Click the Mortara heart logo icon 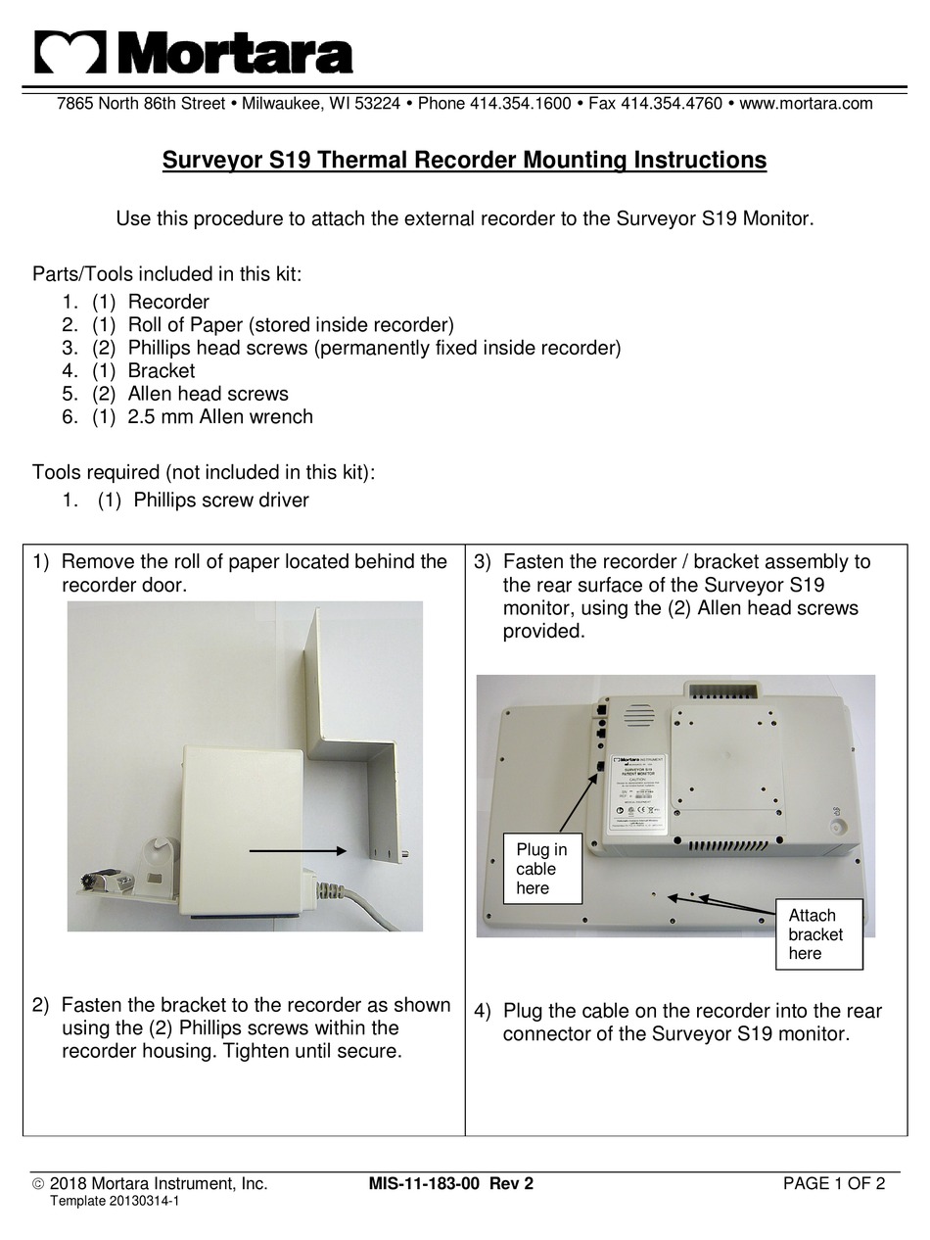click(70, 52)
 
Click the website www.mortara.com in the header click(805, 104)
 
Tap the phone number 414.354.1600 click(520, 104)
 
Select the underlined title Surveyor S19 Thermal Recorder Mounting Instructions click(464, 161)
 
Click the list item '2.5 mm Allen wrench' click(220, 417)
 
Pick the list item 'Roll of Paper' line click(290, 325)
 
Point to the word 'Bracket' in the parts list click(161, 371)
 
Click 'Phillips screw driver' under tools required click(220, 501)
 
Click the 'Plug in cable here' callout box click(541, 869)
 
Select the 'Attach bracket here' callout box click(818, 934)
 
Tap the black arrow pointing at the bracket click(297, 851)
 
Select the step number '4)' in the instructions click(483, 1012)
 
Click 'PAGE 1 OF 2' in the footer click(834, 1184)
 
